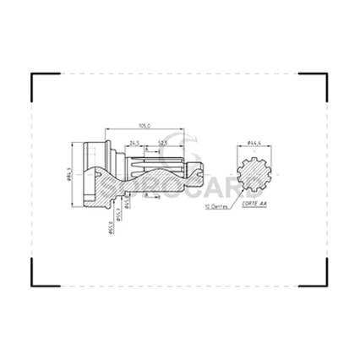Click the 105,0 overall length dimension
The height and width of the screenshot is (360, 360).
(145, 125)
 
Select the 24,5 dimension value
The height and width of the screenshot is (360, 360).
(134, 143)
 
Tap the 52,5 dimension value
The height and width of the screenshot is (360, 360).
(161, 143)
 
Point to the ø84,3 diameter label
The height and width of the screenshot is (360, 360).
(67, 175)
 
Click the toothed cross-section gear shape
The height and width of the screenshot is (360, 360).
(252, 176)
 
